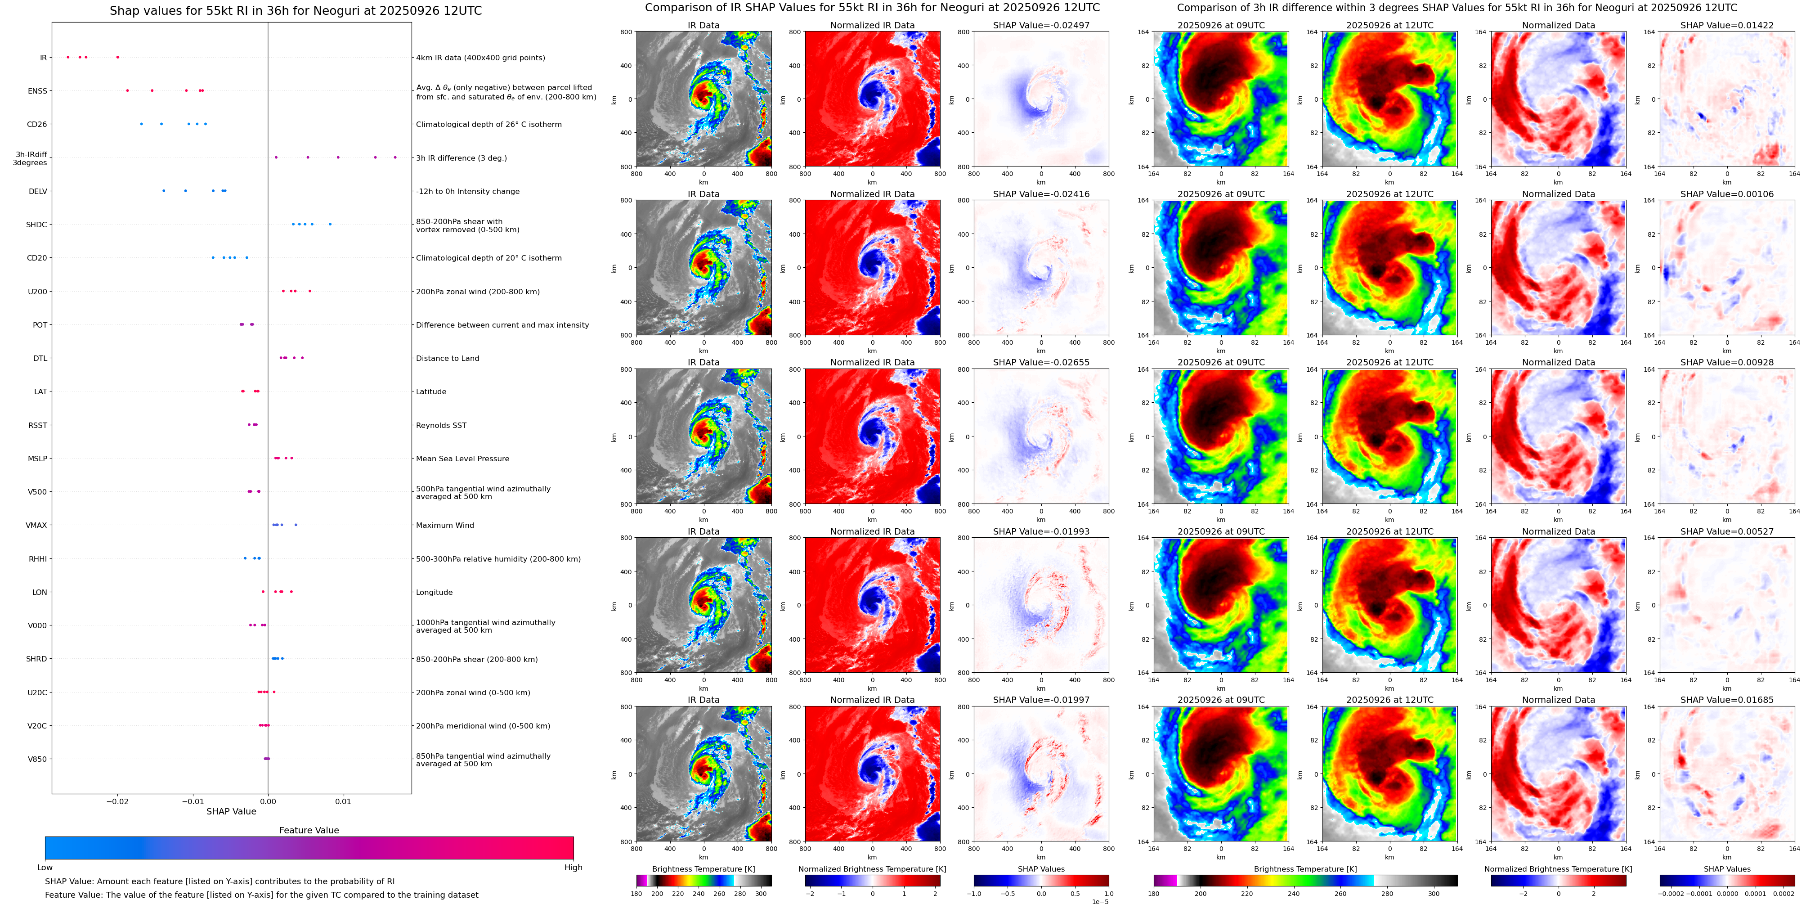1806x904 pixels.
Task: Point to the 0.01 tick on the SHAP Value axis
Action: [x=343, y=801]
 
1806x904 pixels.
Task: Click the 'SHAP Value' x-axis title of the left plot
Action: [x=231, y=811]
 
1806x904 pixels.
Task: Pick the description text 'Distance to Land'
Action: [x=447, y=358]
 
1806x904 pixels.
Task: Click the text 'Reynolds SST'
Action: [x=441, y=425]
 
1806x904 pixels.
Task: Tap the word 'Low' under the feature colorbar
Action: [x=45, y=868]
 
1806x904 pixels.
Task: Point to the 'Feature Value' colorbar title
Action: [x=309, y=830]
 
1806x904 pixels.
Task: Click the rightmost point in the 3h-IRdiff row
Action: [x=395, y=157]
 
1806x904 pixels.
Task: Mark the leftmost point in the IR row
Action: [x=68, y=57]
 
